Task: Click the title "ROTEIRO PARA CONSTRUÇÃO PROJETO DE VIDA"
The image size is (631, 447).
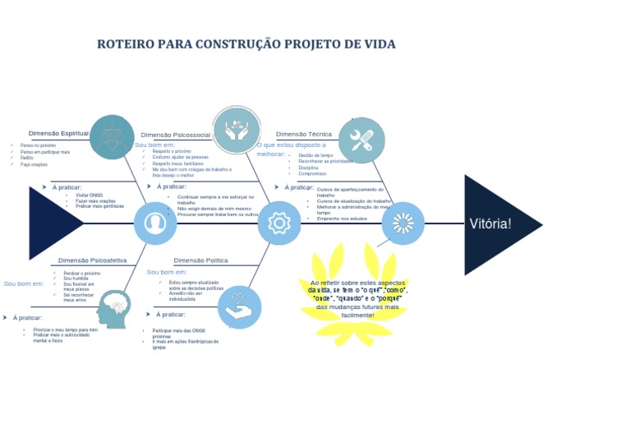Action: coord(246,44)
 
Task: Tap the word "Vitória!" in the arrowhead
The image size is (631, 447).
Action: coord(491,223)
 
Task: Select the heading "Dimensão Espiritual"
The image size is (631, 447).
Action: coord(58,133)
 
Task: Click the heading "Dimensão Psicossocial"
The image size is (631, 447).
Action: coord(176,135)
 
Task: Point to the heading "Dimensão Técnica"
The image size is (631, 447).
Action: coord(304,134)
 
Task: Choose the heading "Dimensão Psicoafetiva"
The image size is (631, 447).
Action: coord(92,260)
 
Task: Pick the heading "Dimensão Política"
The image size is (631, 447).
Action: coord(200,260)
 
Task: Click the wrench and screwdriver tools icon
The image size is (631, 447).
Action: coord(362,141)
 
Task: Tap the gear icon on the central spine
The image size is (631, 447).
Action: coord(279,223)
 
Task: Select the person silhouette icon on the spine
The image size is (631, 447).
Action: coord(154,223)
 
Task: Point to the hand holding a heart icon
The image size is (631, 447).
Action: coord(240,306)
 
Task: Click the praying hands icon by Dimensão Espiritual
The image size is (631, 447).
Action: coord(112,136)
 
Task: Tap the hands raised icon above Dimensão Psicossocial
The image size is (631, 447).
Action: coord(237,129)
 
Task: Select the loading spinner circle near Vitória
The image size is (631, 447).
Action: coord(403,223)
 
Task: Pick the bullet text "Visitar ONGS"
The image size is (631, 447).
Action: coord(89,195)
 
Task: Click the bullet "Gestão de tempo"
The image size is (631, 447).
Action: coord(315,155)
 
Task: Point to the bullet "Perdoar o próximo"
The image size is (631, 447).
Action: coord(81,273)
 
